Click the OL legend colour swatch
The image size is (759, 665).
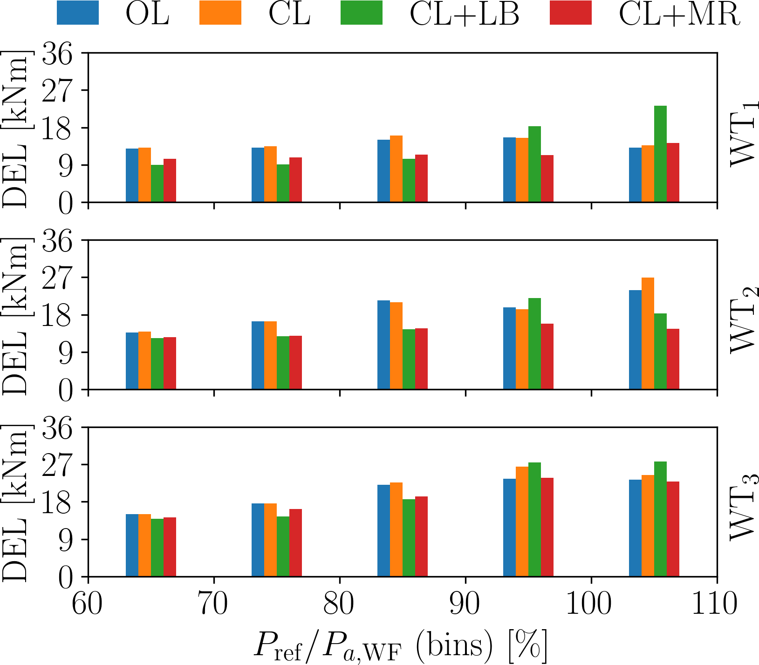tap(77, 13)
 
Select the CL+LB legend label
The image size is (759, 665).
tap(464, 14)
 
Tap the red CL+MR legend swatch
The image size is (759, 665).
tap(570, 13)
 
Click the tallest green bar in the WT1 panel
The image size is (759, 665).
tap(660, 154)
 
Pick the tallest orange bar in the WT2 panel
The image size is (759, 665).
tap(648, 333)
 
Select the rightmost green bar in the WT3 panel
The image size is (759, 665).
tap(660, 519)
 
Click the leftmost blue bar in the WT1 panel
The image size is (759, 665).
tap(132, 175)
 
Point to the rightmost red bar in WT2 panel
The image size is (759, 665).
tap(673, 359)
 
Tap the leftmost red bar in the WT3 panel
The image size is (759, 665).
tap(170, 547)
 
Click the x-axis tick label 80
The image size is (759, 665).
tap(340, 604)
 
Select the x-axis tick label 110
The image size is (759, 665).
tap(717, 604)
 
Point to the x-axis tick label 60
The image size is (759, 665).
tap(88, 604)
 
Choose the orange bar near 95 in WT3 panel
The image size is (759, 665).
tap(522, 521)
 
